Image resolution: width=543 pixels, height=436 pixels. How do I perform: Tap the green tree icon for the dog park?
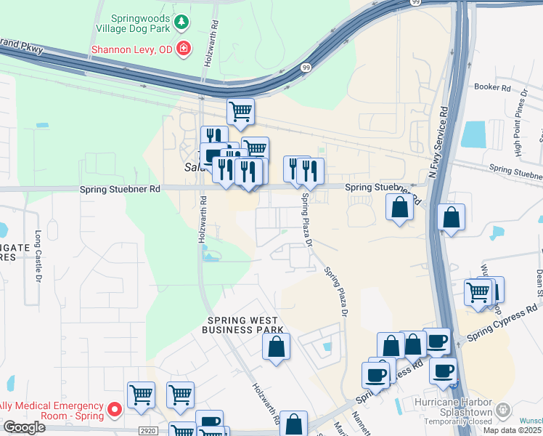coord(182,23)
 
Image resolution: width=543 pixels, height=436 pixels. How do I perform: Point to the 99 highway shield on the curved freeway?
coord(306,68)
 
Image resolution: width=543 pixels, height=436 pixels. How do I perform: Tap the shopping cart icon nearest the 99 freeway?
coord(240,111)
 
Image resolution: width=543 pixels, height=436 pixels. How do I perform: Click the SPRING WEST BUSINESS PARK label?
coord(245,325)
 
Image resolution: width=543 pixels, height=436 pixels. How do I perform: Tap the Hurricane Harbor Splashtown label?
coord(453,407)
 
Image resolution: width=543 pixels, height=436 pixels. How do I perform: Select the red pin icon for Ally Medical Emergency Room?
coord(114,411)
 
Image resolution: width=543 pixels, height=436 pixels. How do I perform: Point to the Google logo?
coord(24,427)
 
